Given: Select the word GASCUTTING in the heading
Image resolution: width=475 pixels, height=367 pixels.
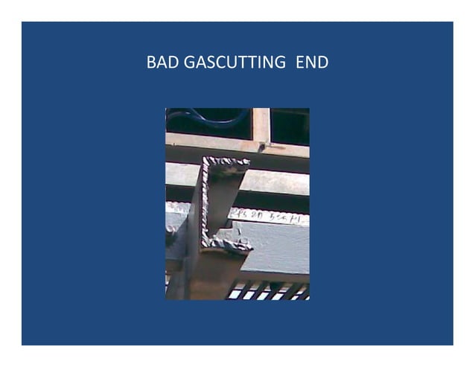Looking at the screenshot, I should pos(228,63).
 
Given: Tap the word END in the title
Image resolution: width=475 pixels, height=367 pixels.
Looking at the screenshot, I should pos(312,63).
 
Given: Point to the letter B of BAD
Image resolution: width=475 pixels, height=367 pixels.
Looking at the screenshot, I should pos(150,63).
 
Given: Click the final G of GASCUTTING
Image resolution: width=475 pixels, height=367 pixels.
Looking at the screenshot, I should pos(278,63).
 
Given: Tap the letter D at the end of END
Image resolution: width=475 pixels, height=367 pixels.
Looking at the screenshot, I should pos(322,63).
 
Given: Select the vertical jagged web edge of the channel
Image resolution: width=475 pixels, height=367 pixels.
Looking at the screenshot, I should pos(204,201).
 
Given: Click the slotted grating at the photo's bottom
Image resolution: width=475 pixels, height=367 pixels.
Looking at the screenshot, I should pos(268,291).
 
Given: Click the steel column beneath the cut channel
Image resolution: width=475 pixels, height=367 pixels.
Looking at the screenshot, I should pos(205,275).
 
